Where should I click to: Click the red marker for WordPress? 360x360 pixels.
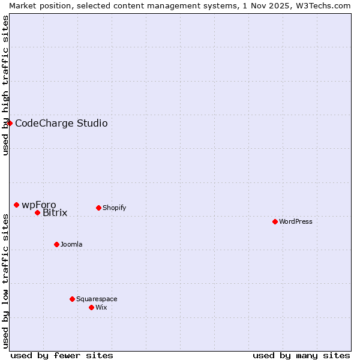[x=275, y=221]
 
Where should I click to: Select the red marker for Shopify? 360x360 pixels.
[x=98, y=208]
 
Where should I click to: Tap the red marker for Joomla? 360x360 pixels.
[x=56, y=244]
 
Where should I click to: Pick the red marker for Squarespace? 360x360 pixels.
[x=72, y=299]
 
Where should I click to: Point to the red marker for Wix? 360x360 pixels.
[x=91, y=307]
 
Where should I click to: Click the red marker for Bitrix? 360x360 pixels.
[x=37, y=212]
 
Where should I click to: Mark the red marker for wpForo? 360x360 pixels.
[x=16, y=205]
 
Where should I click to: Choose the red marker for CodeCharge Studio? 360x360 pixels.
[x=10, y=123]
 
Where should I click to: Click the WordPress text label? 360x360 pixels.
[x=296, y=221]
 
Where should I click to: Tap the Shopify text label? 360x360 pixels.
[x=114, y=208]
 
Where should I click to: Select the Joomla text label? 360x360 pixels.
[x=71, y=244]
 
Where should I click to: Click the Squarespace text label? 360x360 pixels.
[x=97, y=299]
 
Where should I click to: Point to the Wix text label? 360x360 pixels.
[x=101, y=307]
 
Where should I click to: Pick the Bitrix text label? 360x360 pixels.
[x=55, y=213]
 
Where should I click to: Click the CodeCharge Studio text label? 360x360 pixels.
[x=61, y=124]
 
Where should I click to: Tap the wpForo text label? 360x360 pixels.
[x=38, y=205]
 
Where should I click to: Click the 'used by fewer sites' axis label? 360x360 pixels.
[x=62, y=355]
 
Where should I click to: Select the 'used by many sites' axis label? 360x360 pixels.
[x=301, y=355]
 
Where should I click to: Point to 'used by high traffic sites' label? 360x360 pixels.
[x=5, y=85]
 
